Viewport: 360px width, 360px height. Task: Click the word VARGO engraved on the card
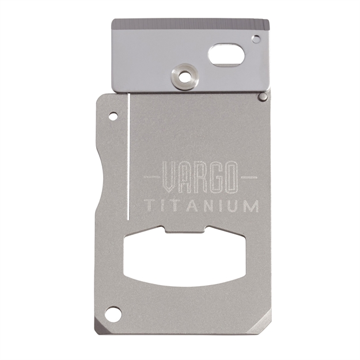point(199,177)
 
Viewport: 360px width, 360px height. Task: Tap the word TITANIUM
point(201,205)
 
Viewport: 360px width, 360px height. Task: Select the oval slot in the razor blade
point(226,55)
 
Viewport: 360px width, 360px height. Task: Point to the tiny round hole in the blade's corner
point(255,39)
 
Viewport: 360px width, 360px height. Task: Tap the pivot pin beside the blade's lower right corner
point(263,97)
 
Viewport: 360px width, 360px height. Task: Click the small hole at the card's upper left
point(113,117)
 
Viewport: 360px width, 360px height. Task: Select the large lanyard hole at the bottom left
point(113,314)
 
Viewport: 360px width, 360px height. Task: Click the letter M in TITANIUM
point(251,205)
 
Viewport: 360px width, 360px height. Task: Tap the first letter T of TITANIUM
point(149,205)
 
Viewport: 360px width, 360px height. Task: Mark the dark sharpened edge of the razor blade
point(191,25)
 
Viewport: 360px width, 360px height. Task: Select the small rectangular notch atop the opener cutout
point(185,229)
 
